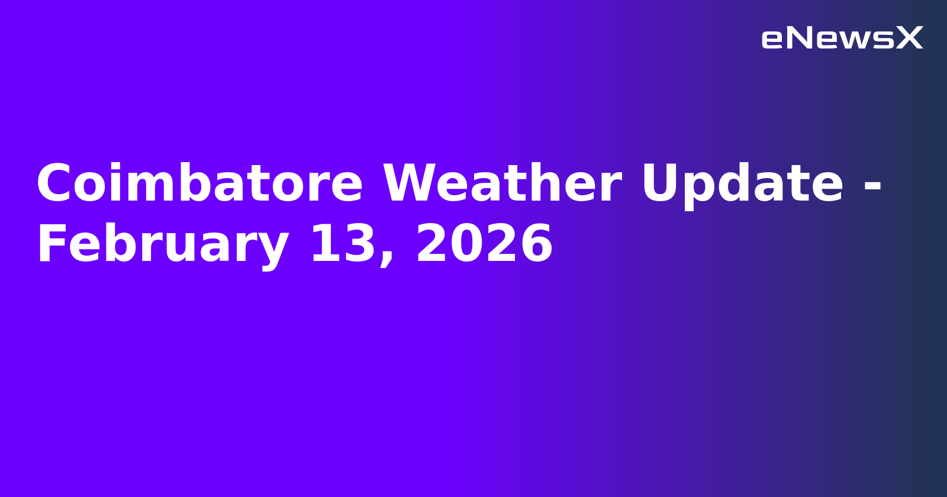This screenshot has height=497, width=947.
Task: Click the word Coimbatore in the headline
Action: pos(199,185)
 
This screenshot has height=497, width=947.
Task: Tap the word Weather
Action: pos(502,185)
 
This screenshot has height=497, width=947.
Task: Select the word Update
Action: pos(742,185)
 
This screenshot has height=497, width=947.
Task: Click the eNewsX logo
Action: pos(842,38)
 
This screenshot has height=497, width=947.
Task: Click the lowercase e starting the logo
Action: pos(772,40)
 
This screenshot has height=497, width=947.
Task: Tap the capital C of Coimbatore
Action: pos(56,185)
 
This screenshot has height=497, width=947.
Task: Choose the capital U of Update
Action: pos(662,185)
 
